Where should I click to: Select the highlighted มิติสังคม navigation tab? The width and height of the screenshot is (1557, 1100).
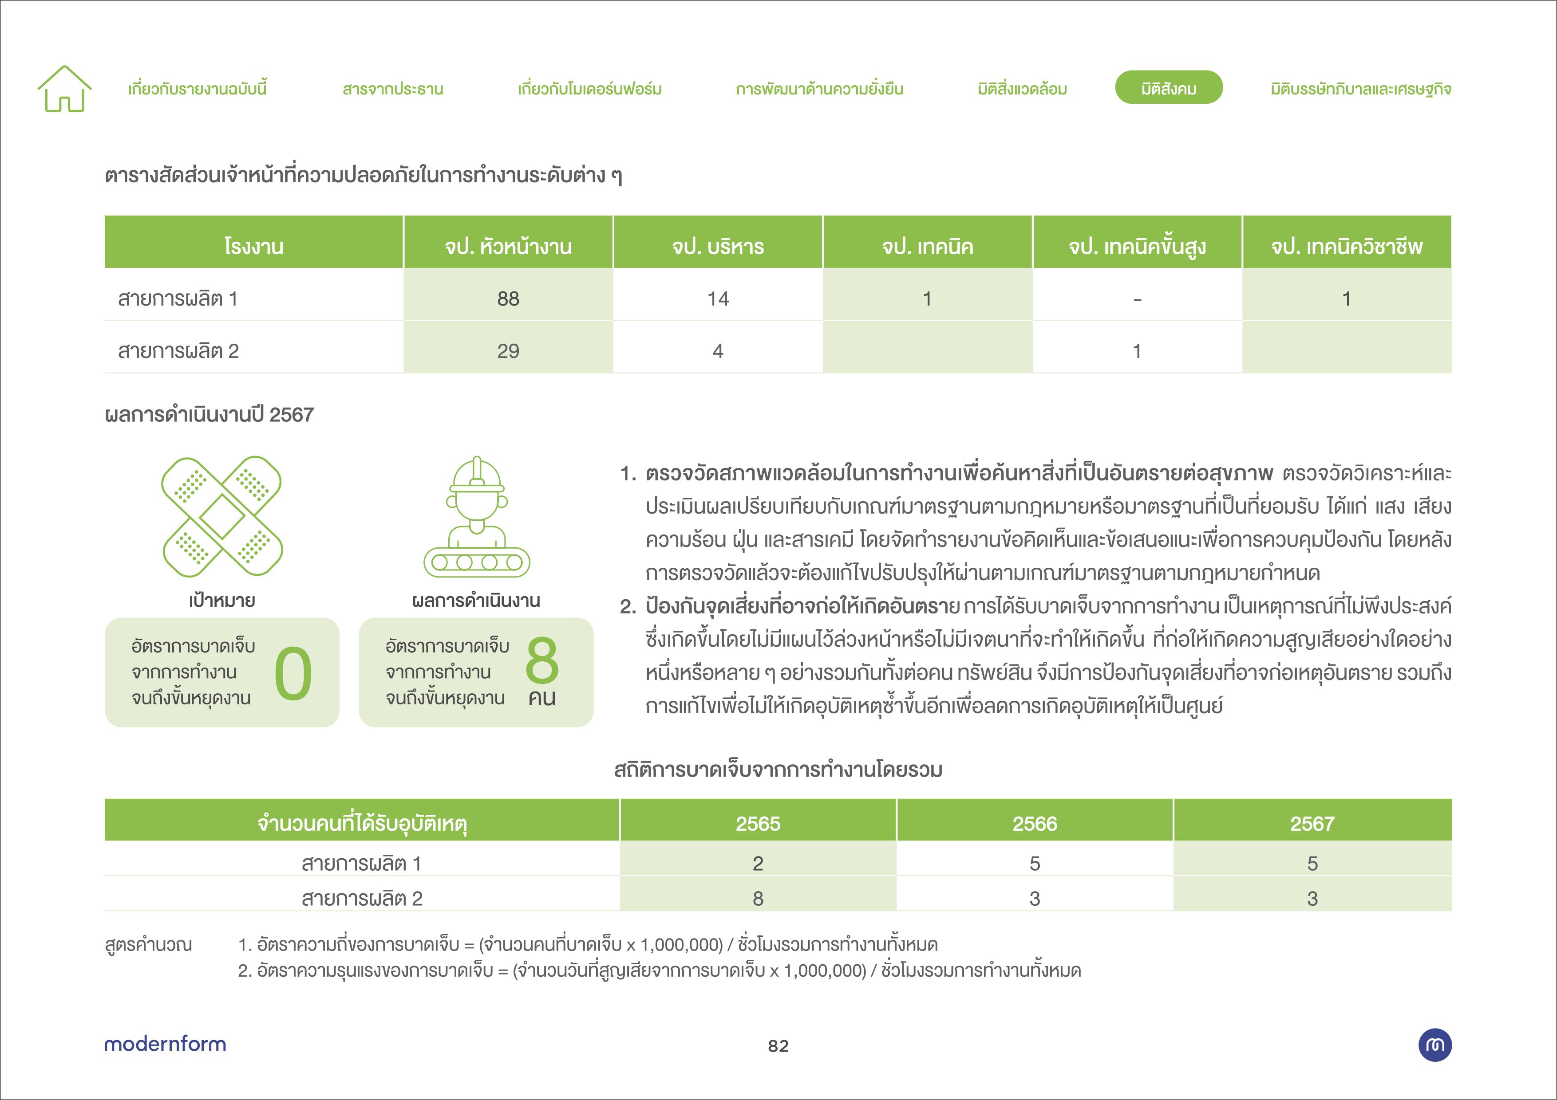coord(1169,88)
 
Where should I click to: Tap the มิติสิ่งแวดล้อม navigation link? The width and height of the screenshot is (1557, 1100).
coord(1022,89)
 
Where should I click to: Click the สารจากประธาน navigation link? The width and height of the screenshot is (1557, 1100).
coord(393,89)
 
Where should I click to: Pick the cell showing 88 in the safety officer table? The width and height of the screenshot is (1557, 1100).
coord(508,299)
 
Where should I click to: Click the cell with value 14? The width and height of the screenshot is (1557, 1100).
coord(717,299)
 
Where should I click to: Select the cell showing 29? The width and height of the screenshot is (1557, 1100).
coord(508,351)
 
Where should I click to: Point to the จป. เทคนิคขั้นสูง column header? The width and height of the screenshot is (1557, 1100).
coord(1137,246)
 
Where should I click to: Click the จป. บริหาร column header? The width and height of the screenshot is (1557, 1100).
coord(717,246)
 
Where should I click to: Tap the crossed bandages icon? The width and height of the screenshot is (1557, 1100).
coord(222,516)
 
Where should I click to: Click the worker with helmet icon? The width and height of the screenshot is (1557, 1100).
coord(477,516)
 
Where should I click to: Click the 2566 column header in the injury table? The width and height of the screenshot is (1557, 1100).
coord(1035,824)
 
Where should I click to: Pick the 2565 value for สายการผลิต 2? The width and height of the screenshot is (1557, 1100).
coord(758,898)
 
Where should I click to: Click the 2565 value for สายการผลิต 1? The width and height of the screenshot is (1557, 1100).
coord(758,864)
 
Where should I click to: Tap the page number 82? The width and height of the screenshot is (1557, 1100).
coord(778,1046)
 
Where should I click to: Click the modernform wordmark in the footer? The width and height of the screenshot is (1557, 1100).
coord(165,1044)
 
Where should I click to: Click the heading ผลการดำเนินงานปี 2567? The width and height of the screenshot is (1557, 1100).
coord(209,414)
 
